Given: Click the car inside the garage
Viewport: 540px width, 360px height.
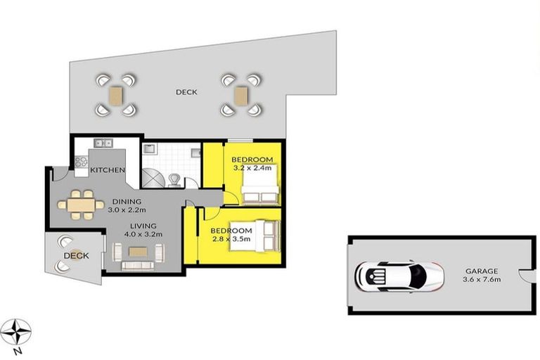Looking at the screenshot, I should pyautogui.click(x=399, y=275).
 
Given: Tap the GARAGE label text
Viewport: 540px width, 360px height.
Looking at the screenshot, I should pyautogui.click(x=481, y=271).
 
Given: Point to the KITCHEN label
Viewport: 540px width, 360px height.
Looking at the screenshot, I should pyautogui.click(x=108, y=171).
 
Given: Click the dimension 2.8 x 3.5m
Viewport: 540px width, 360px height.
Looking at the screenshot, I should pyautogui.click(x=231, y=239).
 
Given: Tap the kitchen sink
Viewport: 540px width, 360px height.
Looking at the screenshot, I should pyautogui.click(x=103, y=143).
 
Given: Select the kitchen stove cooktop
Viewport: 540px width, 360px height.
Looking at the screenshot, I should pyautogui.click(x=82, y=162).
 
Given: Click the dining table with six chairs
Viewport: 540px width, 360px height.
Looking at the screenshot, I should pyautogui.click(x=80, y=205).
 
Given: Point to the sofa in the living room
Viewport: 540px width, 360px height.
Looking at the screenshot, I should pyautogui.click(x=137, y=265).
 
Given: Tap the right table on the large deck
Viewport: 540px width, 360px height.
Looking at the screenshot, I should pyautogui.click(x=242, y=95).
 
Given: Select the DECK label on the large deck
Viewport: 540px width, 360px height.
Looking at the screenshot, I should pyautogui.click(x=186, y=92).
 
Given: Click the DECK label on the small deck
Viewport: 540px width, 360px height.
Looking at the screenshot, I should pyautogui.click(x=77, y=256).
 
